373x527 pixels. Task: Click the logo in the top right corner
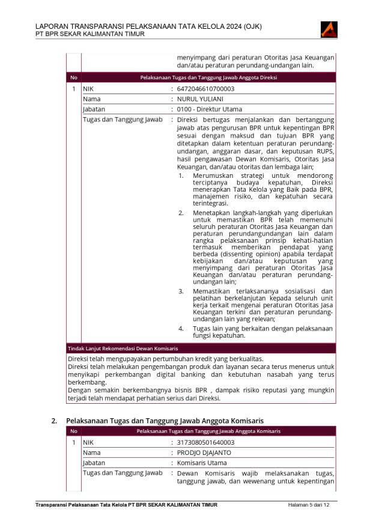[330, 29]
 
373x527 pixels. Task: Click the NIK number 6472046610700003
[205, 89]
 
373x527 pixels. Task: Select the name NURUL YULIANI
[201, 99]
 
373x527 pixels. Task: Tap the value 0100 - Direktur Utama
[209, 109]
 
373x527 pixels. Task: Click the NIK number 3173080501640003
[205, 442]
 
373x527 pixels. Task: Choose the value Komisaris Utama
[202, 463]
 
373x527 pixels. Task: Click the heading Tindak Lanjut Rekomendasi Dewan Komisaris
[123, 348]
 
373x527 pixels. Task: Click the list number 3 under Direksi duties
[181, 291]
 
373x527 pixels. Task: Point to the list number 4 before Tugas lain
[181, 329]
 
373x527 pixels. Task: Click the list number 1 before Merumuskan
[181, 175]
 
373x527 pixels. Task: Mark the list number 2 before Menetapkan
[181, 213]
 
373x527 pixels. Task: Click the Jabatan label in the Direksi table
[94, 109]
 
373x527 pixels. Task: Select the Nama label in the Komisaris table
[91, 452]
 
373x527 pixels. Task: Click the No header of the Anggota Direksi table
[73, 78]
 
